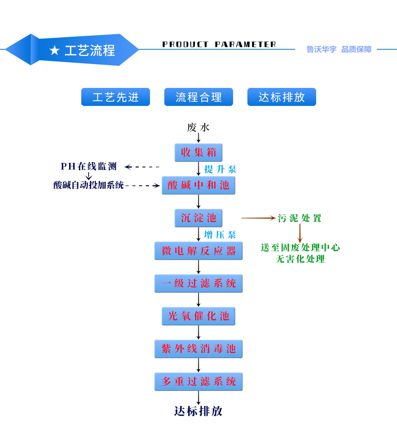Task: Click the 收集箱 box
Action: click(x=198, y=153)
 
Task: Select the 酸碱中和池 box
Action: click(x=198, y=185)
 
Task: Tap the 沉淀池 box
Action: click(x=198, y=218)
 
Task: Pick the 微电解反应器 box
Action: click(x=198, y=251)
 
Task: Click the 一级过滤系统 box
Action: click(x=198, y=283)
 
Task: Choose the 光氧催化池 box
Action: click(x=198, y=316)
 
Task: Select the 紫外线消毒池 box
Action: click(x=198, y=349)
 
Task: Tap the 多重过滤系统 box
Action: click(x=198, y=382)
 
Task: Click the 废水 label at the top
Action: click(x=198, y=128)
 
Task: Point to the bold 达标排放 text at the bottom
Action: click(x=198, y=411)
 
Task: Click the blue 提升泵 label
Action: click(x=220, y=169)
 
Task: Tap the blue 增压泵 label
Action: click(x=220, y=235)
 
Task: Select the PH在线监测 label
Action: click(x=89, y=167)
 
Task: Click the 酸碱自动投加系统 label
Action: click(x=89, y=185)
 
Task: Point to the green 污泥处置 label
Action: click(x=300, y=218)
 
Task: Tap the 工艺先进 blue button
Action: click(x=115, y=97)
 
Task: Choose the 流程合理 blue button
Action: click(x=198, y=97)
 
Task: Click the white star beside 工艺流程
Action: click(x=54, y=50)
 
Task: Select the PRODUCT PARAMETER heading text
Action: click(x=219, y=44)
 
